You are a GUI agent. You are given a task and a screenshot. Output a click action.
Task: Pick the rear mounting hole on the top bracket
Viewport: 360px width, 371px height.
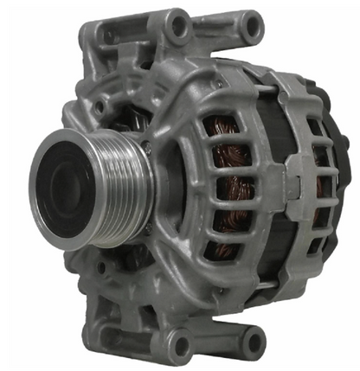[252, 29]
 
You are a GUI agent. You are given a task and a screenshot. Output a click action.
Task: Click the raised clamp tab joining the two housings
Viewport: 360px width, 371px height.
[289, 186]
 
